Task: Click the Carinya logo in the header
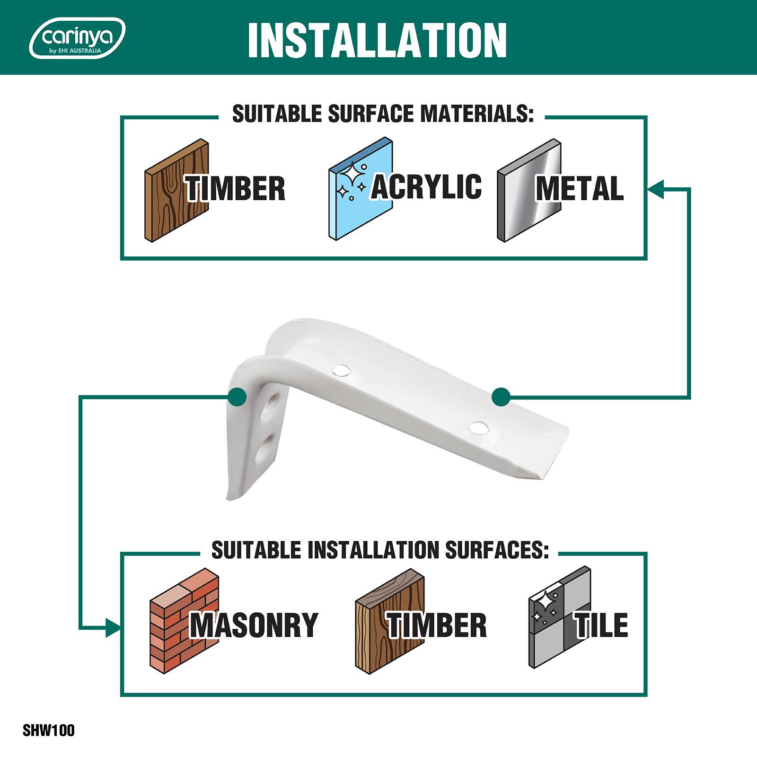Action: coord(77,38)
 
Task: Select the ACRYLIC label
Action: coord(426,186)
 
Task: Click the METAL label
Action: coord(580,188)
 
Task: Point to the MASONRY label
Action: coord(254,625)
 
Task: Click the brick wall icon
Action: coord(185,620)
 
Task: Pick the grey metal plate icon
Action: coord(529,190)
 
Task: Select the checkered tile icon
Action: coord(560,617)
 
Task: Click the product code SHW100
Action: coord(49,731)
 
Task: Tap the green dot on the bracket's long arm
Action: coord(501,397)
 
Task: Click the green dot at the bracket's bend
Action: coord(237,397)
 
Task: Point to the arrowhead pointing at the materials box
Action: coord(655,188)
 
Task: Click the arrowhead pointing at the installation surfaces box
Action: coord(113,627)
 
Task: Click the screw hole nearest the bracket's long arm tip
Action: coord(479,428)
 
